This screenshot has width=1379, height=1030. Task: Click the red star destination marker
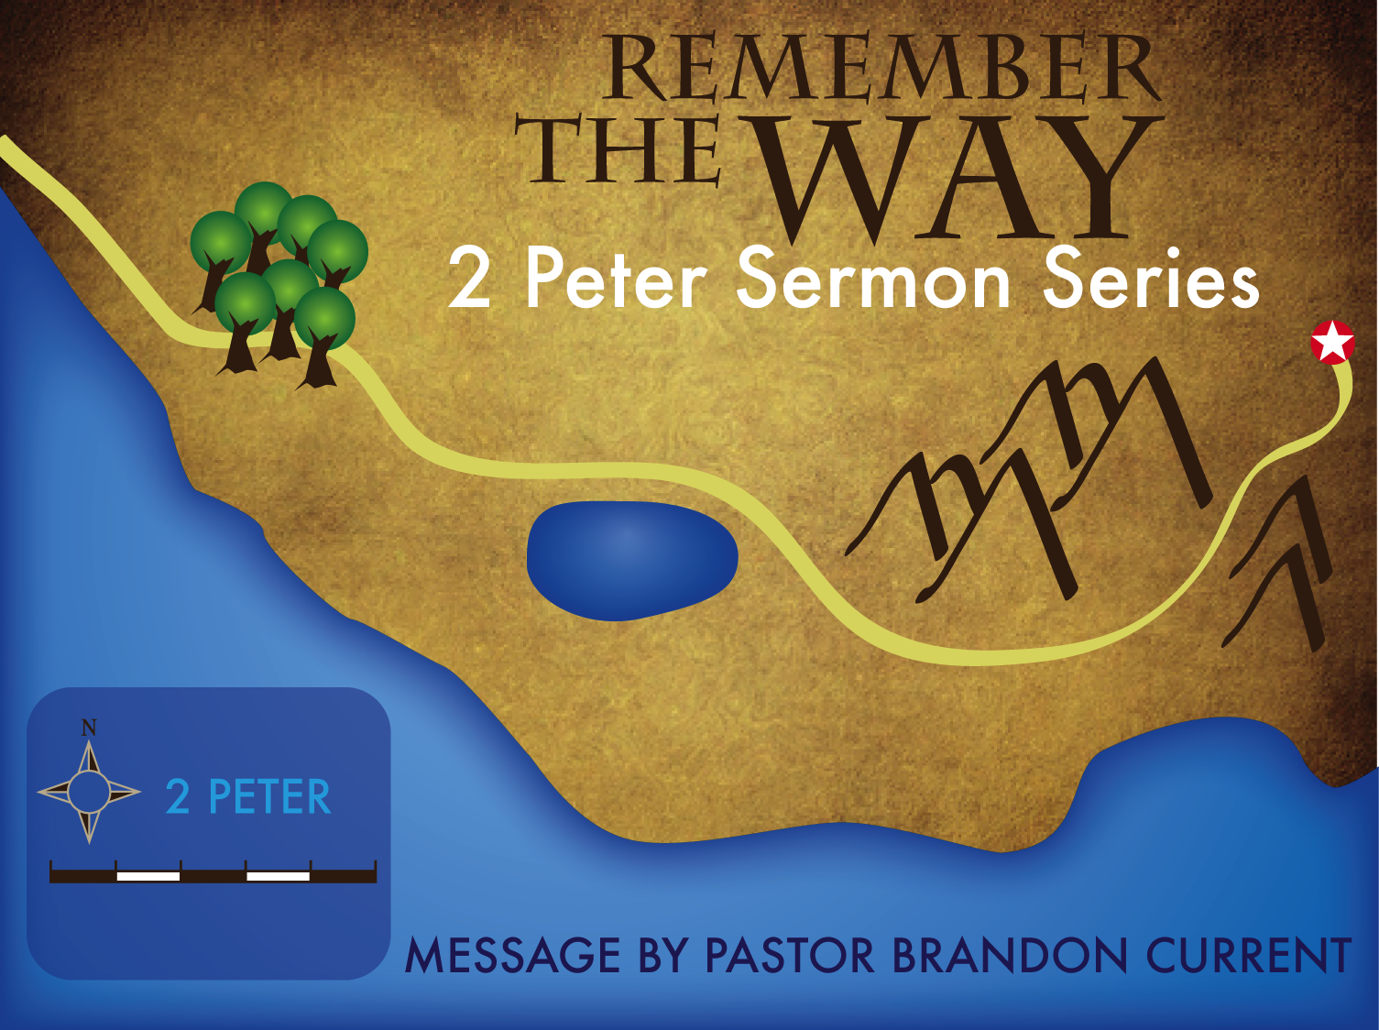tap(1332, 343)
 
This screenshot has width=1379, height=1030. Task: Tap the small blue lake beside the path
tap(632, 561)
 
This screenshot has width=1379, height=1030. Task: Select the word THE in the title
tap(618, 150)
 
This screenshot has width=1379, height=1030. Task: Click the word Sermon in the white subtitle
tap(873, 279)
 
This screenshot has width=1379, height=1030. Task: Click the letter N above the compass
tap(89, 728)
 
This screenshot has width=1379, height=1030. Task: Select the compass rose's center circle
tap(89, 792)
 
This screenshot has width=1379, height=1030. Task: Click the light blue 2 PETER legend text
tap(248, 796)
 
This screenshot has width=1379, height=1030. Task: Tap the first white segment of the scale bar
tap(148, 876)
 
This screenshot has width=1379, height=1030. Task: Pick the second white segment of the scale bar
tap(279, 876)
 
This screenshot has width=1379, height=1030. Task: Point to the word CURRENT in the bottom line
tap(1249, 955)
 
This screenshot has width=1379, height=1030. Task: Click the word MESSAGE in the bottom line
tap(513, 955)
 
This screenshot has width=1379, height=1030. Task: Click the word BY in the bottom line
tap(663, 955)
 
